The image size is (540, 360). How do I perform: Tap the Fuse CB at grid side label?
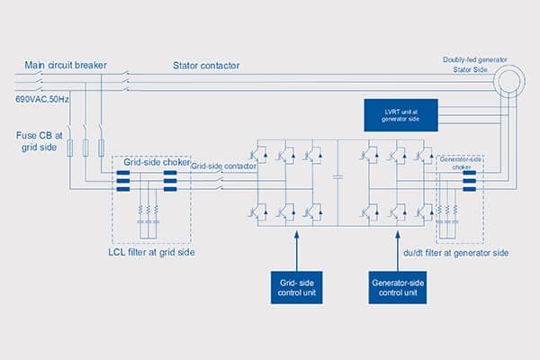tap(37, 141)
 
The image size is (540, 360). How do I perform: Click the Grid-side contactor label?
tap(221, 166)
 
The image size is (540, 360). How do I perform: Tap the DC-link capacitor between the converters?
tap(337, 177)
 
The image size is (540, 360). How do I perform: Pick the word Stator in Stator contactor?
tap(189, 65)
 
